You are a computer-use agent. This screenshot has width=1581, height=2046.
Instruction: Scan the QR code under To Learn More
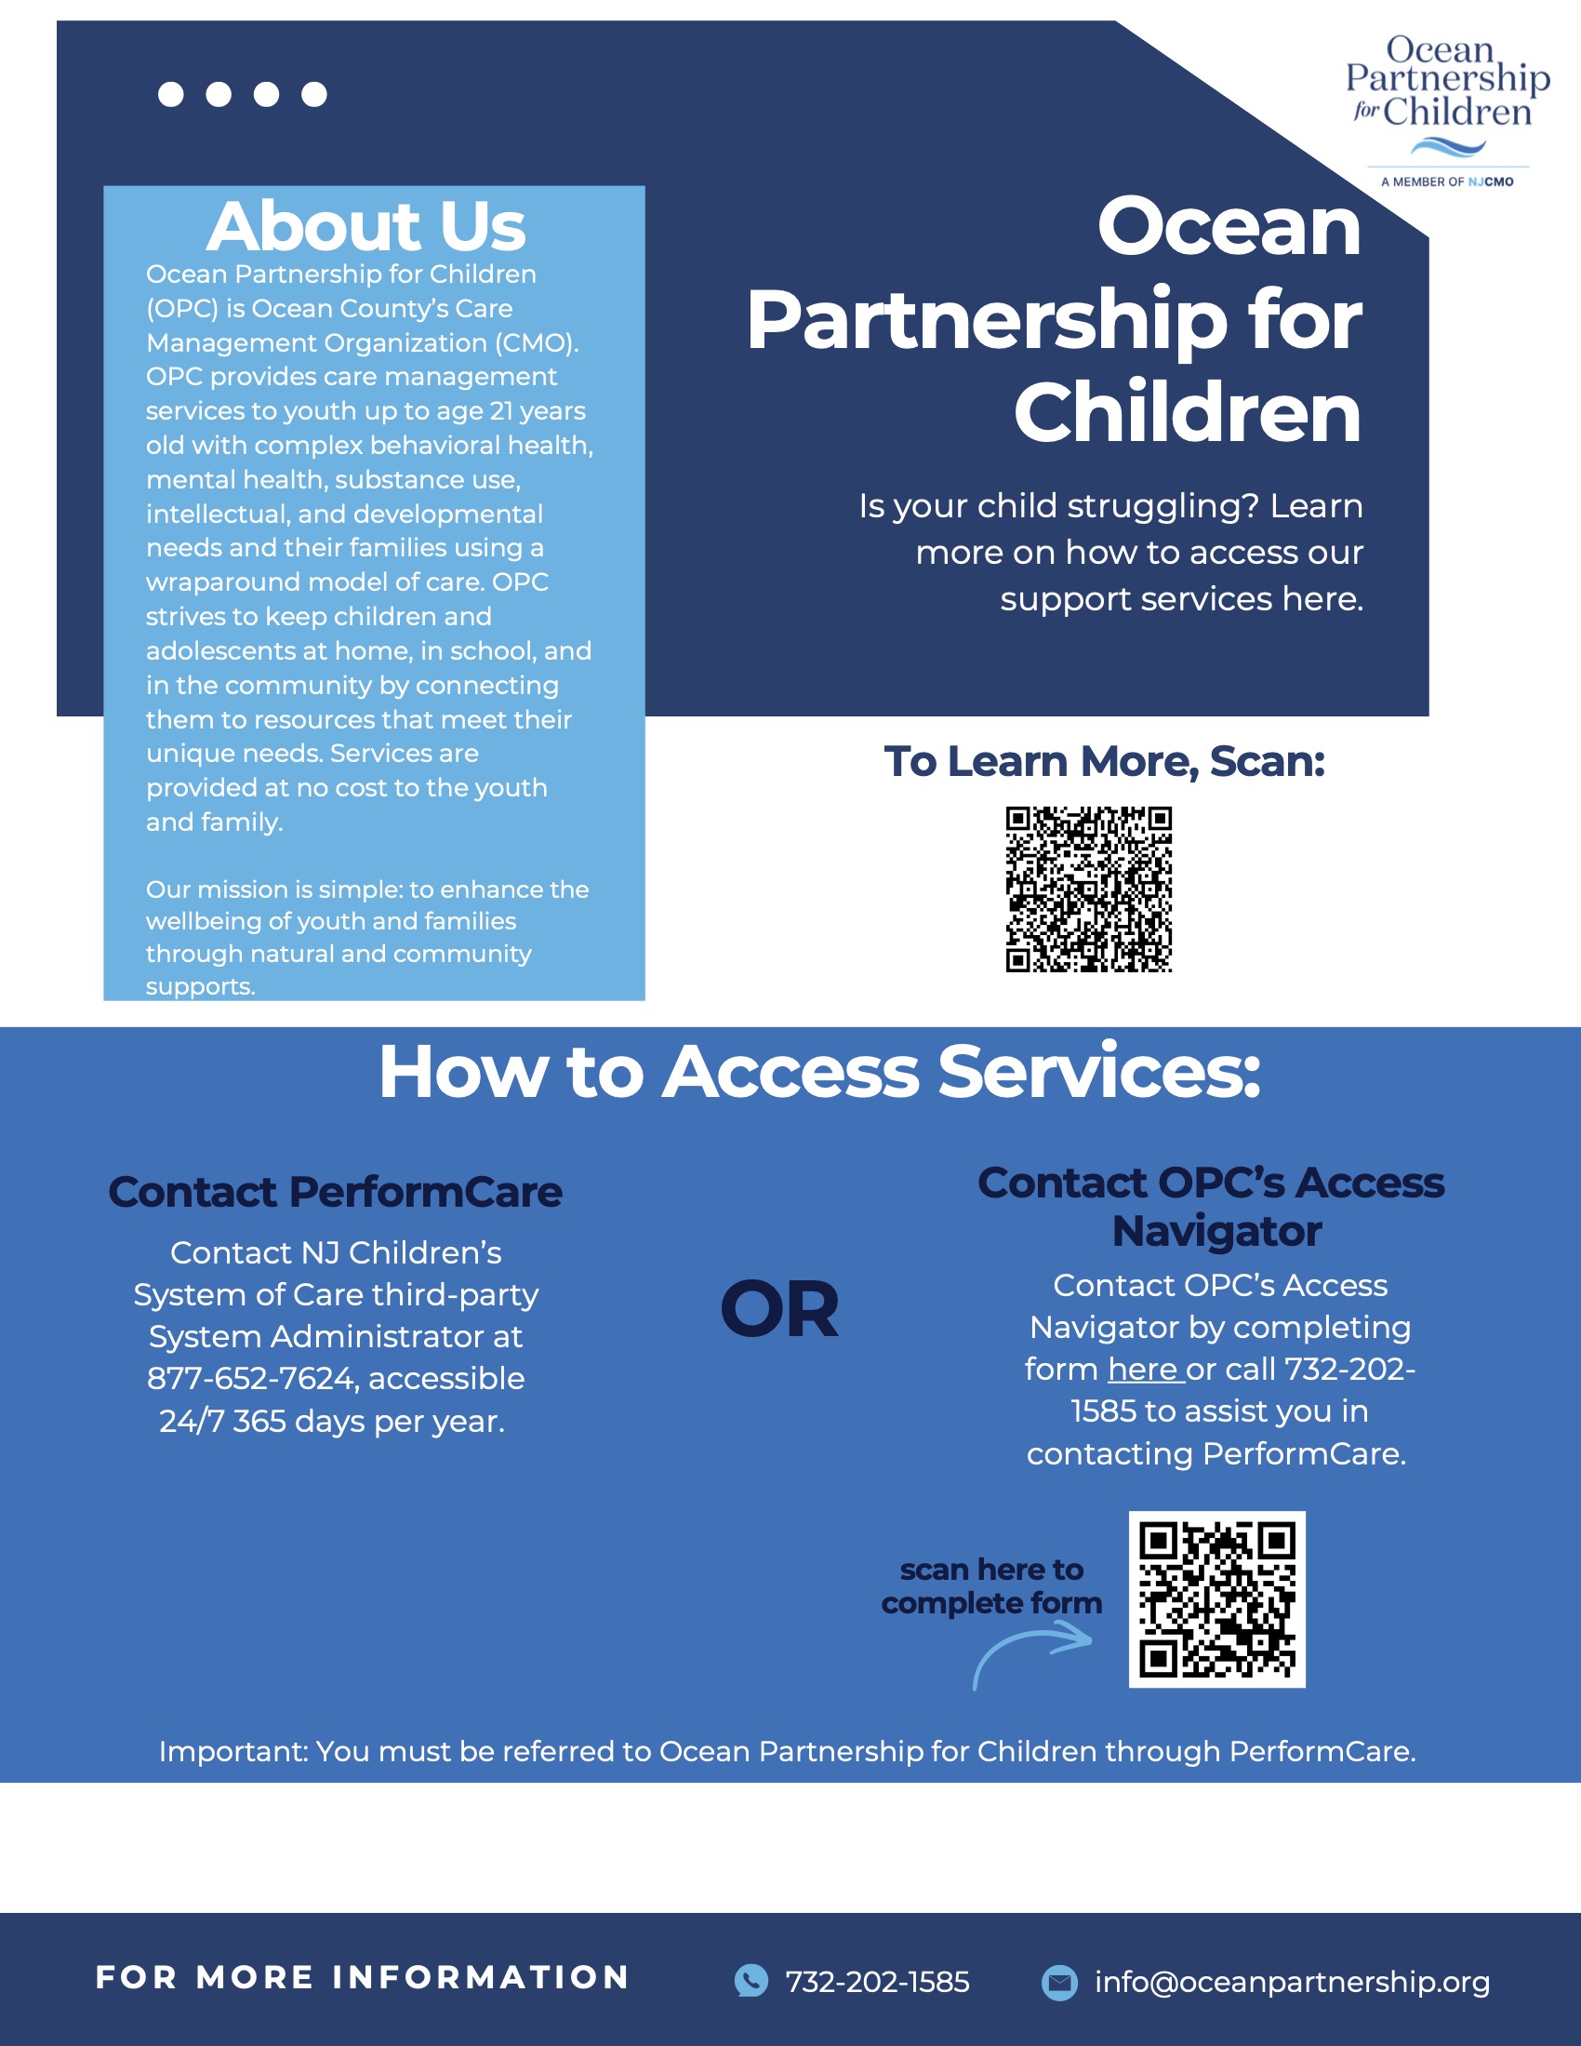[1088, 889]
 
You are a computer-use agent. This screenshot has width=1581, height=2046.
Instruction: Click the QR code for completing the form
[1216, 1599]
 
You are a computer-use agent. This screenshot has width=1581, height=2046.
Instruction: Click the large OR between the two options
[779, 1309]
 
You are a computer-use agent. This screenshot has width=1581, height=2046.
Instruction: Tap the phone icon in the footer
[751, 1981]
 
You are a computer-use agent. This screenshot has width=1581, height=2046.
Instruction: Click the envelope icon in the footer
[1059, 1982]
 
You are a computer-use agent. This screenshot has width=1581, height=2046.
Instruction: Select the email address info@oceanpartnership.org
[1293, 1982]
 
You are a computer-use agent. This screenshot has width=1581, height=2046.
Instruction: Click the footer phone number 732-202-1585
[878, 1982]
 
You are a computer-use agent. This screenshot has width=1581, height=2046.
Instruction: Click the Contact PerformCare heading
[336, 1192]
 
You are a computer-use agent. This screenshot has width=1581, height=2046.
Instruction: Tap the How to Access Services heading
[819, 1072]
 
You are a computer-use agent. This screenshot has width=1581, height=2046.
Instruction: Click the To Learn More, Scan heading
[1104, 761]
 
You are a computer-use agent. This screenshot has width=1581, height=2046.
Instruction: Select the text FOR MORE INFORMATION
[363, 1976]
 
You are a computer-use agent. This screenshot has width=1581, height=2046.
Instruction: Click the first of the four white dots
[170, 95]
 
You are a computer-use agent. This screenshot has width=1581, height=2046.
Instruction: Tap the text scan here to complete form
[992, 1586]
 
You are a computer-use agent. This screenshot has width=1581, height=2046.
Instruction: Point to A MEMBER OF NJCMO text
[1447, 181]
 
